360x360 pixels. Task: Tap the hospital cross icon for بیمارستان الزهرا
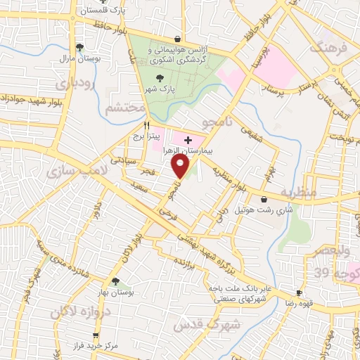pyautogui.click(x=188, y=141)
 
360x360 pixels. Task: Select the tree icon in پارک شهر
pyautogui.click(x=162, y=79)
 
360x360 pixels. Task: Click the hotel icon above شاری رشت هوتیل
pyautogui.click(x=264, y=199)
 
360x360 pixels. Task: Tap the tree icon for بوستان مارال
pyautogui.click(x=80, y=47)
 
